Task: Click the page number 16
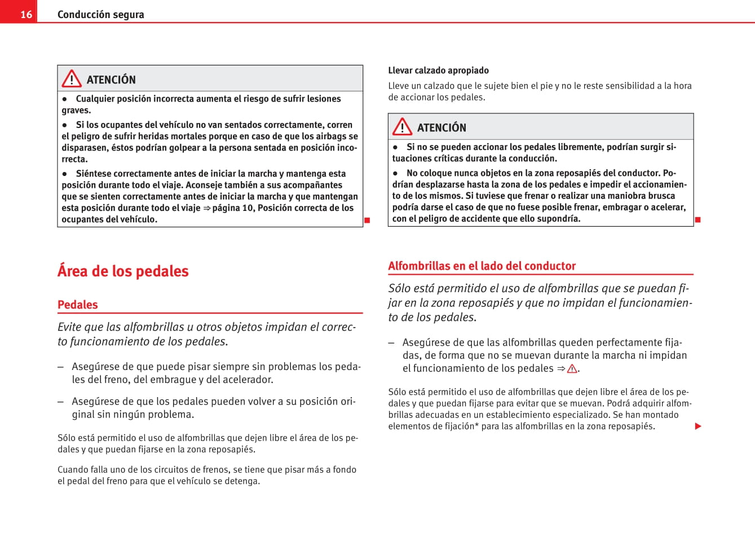26,14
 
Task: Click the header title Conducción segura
100,14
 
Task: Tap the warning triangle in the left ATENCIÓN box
72,79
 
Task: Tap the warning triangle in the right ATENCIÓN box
402,127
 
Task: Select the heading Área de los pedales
123,271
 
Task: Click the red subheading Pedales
77,305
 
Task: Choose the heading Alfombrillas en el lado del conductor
482,266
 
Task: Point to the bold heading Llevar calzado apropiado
438,71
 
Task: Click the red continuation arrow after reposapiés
698,426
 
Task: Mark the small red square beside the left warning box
367,220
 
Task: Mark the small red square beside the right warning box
697,219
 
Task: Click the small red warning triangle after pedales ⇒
572,369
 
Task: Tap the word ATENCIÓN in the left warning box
111,80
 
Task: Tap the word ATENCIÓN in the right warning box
441,127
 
